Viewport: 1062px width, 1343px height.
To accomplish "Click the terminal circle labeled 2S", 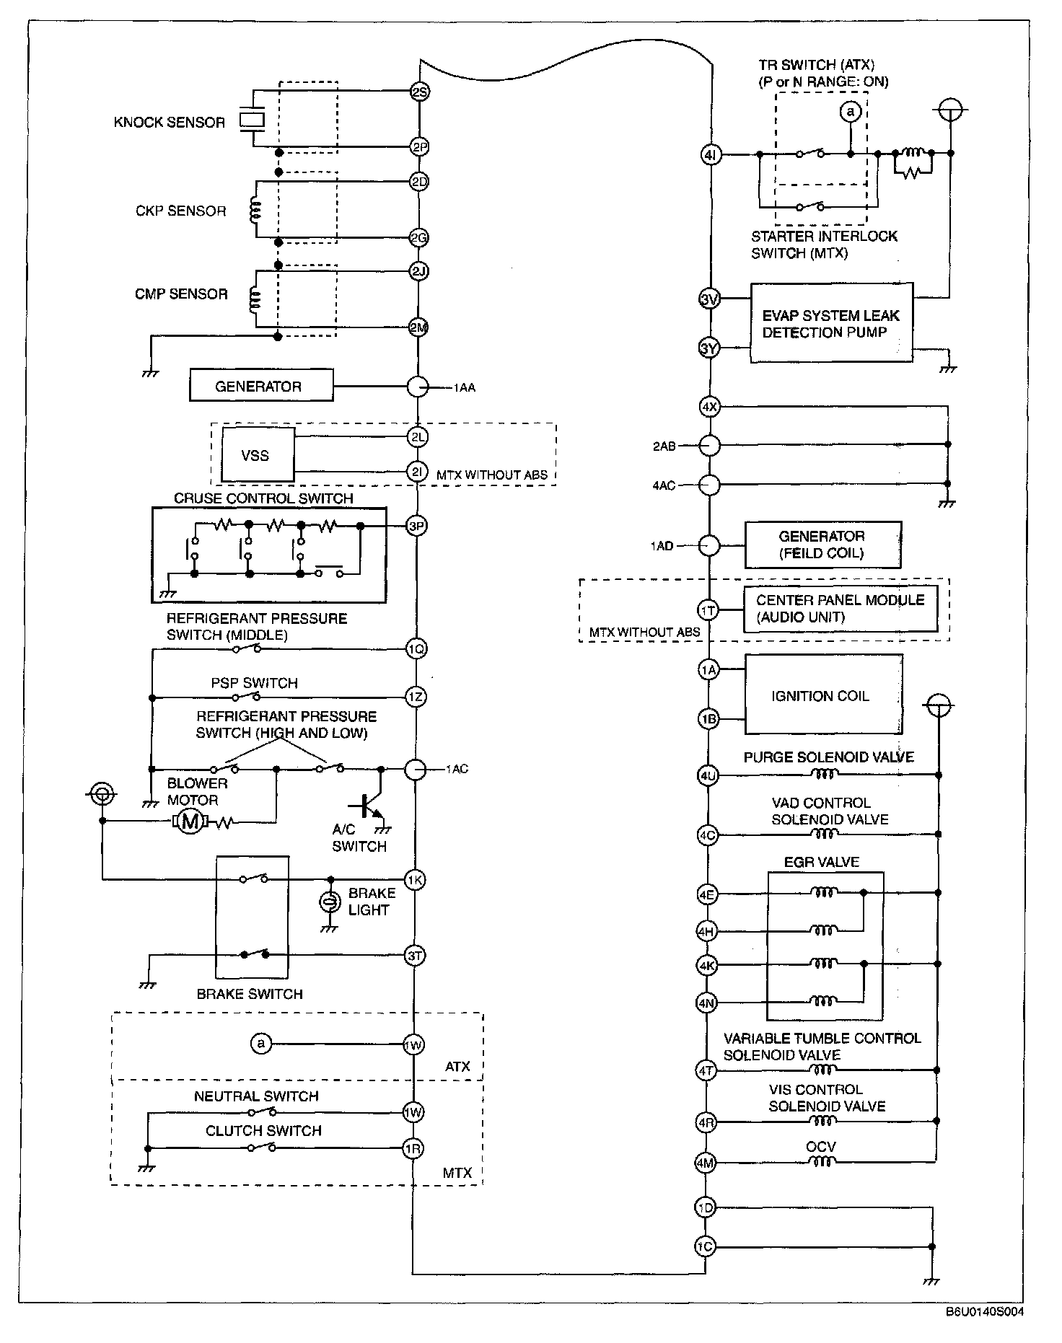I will pos(419,92).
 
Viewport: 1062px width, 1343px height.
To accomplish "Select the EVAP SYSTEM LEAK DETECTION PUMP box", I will pos(832,322).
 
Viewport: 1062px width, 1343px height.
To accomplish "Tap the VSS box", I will pos(258,455).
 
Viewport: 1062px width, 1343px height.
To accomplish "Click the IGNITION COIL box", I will pos(823,695).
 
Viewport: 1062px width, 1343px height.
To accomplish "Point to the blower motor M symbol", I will pos(190,821).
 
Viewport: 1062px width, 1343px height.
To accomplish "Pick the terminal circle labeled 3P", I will pos(416,526).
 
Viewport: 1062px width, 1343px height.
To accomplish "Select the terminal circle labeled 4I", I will pos(711,154).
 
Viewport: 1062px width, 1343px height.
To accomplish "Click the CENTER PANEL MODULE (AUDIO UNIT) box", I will pos(841,609).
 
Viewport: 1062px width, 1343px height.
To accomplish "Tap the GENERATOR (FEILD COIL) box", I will pos(822,545).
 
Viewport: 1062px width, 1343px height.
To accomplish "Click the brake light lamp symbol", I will pos(330,901).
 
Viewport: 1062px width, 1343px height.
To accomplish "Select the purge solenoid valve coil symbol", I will pos(825,775).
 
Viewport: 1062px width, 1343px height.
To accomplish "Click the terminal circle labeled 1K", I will pos(415,879).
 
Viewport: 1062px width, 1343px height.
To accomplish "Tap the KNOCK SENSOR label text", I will pos(170,123).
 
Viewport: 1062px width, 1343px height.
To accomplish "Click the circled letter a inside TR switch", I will pos(851,112).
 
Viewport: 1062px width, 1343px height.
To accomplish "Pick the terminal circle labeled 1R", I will pos(413,1148).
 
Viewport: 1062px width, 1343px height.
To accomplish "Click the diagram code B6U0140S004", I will pos(984,1312).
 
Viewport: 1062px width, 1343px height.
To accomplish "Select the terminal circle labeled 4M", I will pos(705,1163).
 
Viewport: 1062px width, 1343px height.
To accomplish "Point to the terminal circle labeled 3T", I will pos(414,956).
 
